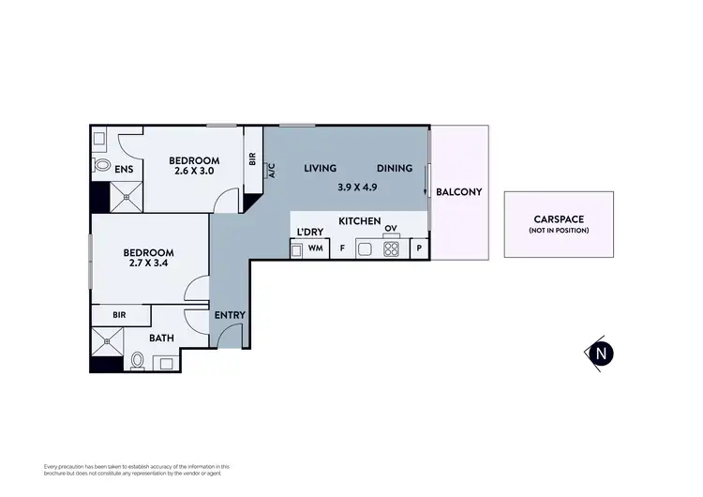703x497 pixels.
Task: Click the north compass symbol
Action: pyautogui.click(x=600, y=353)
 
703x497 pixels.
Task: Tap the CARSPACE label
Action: pyautogui.click(x=558, y=219)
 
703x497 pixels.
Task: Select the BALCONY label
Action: pyautogui.click(x=458, y=192)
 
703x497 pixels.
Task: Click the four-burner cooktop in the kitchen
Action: pyautogui.click(x=390, y=249)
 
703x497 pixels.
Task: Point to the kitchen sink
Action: pyautogui.click(x=366, y=249)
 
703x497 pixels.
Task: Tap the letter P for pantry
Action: pyautogui.click(x=419, y=249)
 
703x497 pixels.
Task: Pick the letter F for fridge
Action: pyautogui.click(x=342, y=249)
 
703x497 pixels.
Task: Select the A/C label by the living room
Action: pyautogui.click(x=272, y=171)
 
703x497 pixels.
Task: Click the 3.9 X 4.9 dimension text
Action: pyautogui.click(x=356, y=187)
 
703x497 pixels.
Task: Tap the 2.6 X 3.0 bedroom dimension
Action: pyautogui.click(x=194, y=172)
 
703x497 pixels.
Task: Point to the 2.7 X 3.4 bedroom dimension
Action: pyautogui.click(x=148, y=264)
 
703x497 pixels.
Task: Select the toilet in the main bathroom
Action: pyautogui.click(x=138, y=359)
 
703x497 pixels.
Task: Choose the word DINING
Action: pyautogui.click(x=395, y=169)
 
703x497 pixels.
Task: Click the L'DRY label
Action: pyautogui.click(x=309, y=232)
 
